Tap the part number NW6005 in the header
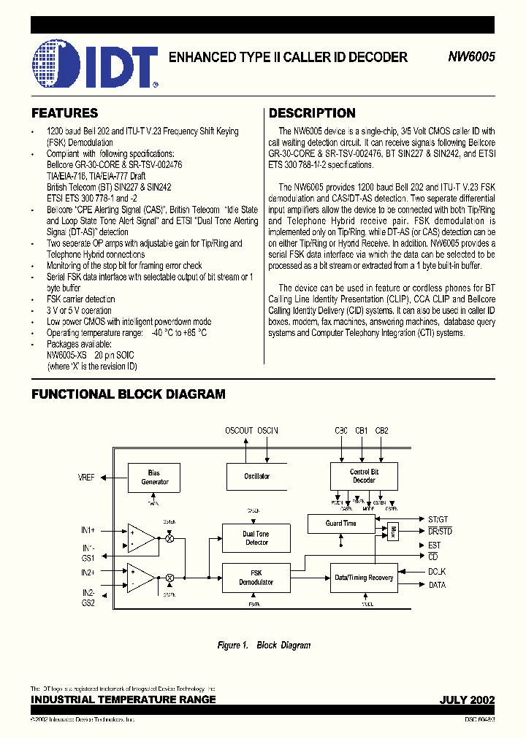point(472,57)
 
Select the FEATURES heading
point(64,113)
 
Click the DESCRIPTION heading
point(312,113)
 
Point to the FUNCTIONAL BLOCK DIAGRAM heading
point(128,394)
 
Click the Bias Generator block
point(154,478)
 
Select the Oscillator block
point(257,476)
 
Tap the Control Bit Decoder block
point(364,476)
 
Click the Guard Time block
point(341,524)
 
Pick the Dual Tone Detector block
point(256,538)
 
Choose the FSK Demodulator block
point(256,578)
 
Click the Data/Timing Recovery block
point(364,578)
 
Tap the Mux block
point(393,531)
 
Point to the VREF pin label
point(87,478)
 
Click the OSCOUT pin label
point(238,431)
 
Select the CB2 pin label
point(382,431)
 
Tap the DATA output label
point(437,585)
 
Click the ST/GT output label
point(439,518)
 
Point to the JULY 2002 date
point(467,700)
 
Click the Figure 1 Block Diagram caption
point(264,646)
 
